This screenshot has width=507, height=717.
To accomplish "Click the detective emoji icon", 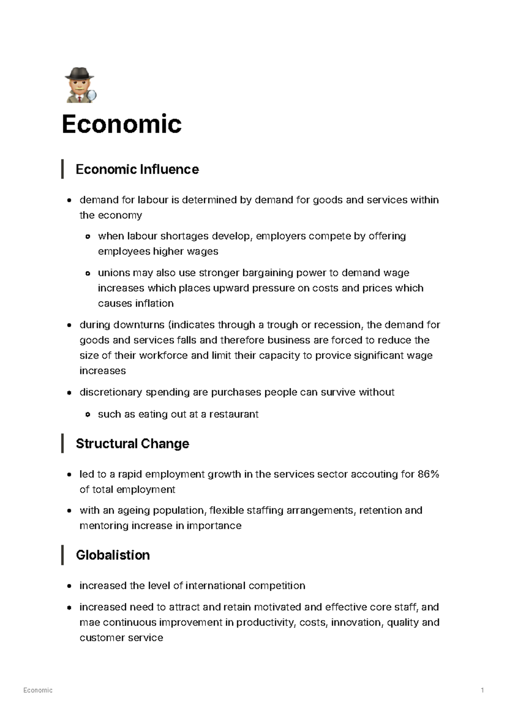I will [79, 85].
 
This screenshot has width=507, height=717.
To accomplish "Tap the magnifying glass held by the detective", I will [92, 95].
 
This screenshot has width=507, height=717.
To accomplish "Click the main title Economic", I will [122, 124].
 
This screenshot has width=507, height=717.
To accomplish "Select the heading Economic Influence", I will [137, 169].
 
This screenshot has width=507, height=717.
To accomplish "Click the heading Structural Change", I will [132, 444].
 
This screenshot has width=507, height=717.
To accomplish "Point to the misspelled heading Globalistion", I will [113, 555].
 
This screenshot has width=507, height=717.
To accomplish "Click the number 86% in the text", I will [428, 474].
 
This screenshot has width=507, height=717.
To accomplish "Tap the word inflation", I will [154, 303].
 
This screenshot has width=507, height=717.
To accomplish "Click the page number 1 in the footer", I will [482, 690].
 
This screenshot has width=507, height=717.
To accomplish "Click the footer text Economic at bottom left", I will [38, 690].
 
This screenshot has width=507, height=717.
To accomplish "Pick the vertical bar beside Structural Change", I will [63, 443].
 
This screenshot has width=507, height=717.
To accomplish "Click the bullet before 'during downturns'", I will [69, 325].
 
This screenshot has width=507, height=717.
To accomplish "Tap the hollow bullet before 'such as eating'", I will [88, 414].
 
